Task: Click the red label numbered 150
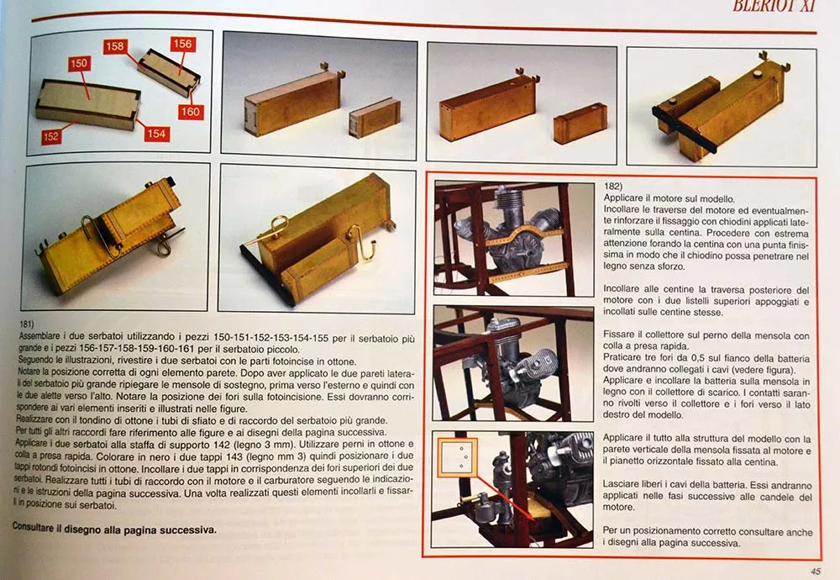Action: coord(79,63)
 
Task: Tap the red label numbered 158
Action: coord(114,46)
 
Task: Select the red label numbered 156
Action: coord(182,44)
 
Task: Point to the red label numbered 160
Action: coord(190,112)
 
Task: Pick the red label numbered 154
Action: coord(156,134)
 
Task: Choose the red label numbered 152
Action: coord(50,137)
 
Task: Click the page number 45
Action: coord(816,572)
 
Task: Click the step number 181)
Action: coord(27,324)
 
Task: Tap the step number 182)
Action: coord(613,186)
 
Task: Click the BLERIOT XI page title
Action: coord(773,6)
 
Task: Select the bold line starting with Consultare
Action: coord(114,529)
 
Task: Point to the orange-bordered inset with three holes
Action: coord(457,457)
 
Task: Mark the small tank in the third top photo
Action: coord(580,124)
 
